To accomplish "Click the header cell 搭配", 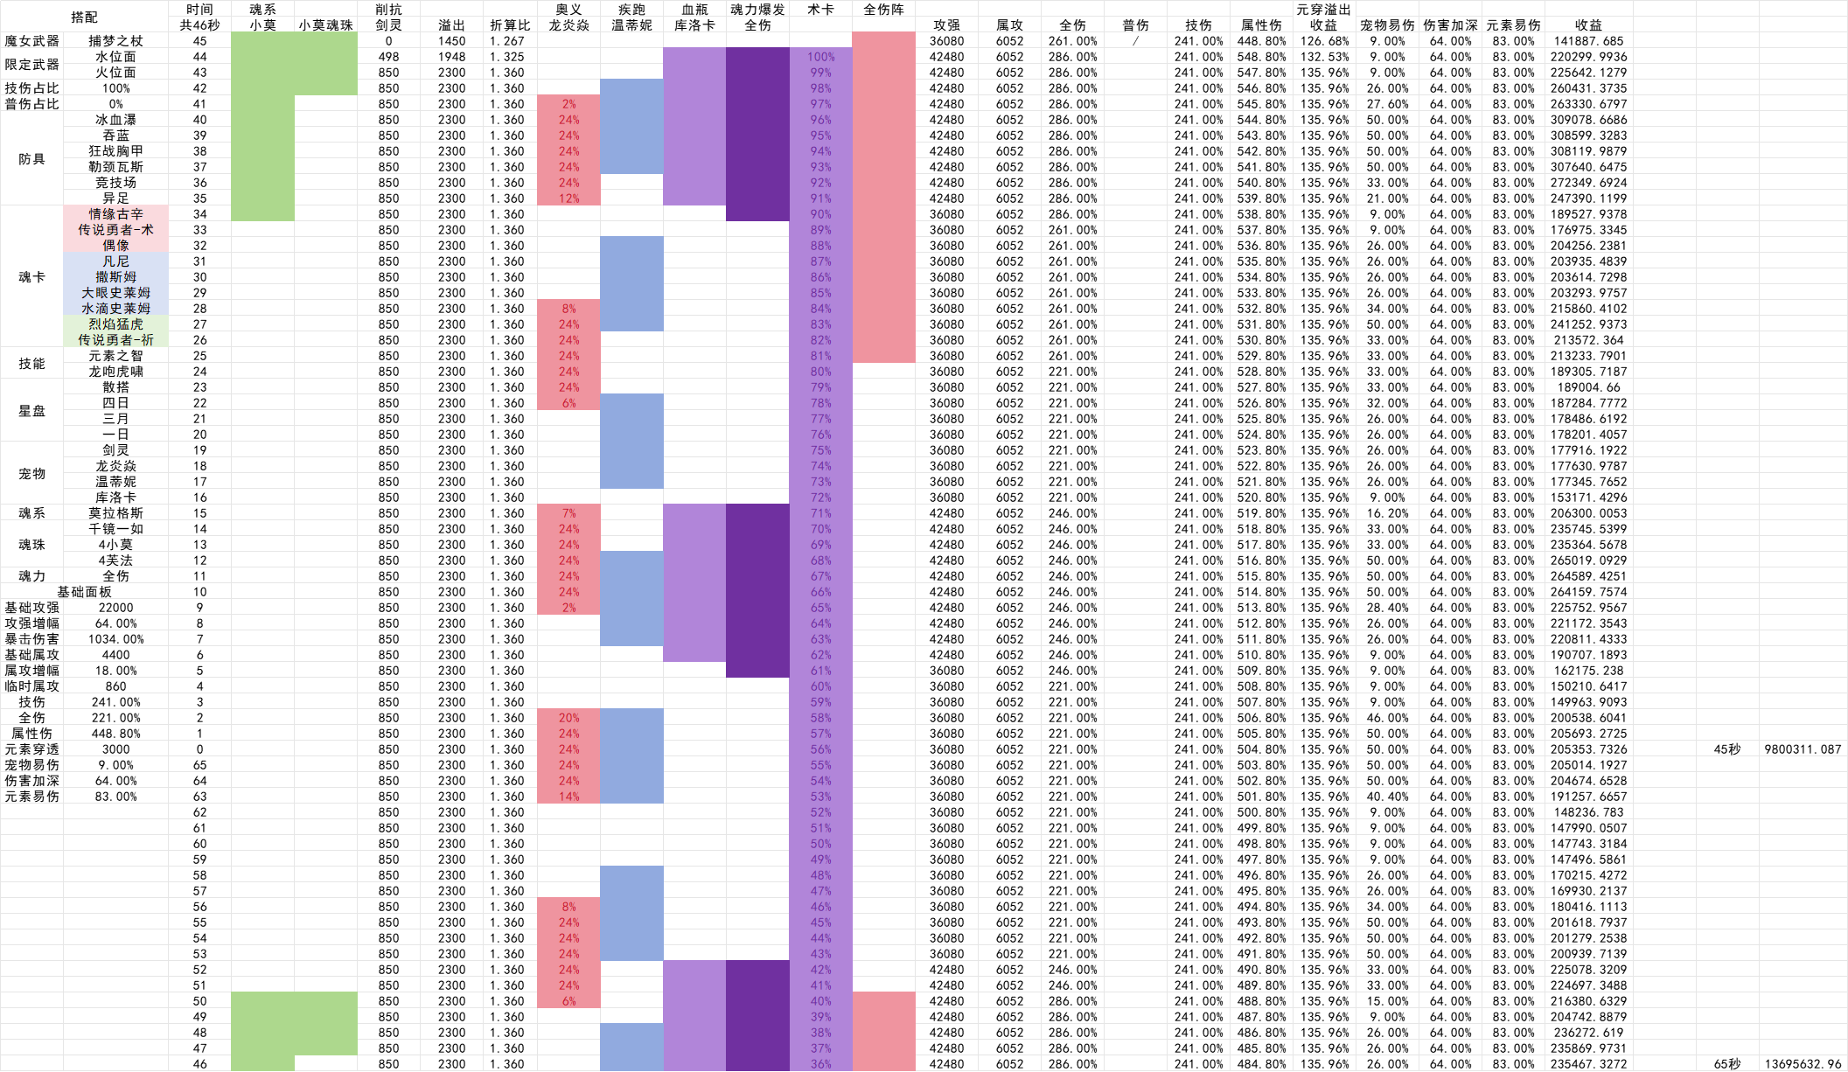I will [84, 17].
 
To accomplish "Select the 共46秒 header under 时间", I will [199, 25].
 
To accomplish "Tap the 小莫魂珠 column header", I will [325, 25].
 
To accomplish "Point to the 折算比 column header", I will [509, 25].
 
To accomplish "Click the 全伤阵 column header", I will [883, 10].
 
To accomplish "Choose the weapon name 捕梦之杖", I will [115, 41].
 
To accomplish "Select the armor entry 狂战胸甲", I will [115, 151].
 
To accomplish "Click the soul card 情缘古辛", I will [115, 214].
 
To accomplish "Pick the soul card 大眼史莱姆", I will [115, 293].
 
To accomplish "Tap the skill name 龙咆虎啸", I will [115, 372].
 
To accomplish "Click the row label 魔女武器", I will [31, 41].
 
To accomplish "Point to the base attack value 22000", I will [115, 608].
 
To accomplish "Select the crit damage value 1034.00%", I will [115, 639].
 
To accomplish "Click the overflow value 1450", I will [451, 41].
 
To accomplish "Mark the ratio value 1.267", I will [507, 41].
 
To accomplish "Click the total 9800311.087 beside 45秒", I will [1803, 749].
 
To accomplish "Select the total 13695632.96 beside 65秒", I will [1803, 1064].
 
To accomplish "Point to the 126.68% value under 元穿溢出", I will [1324, 41].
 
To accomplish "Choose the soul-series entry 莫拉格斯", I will [115, 513].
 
